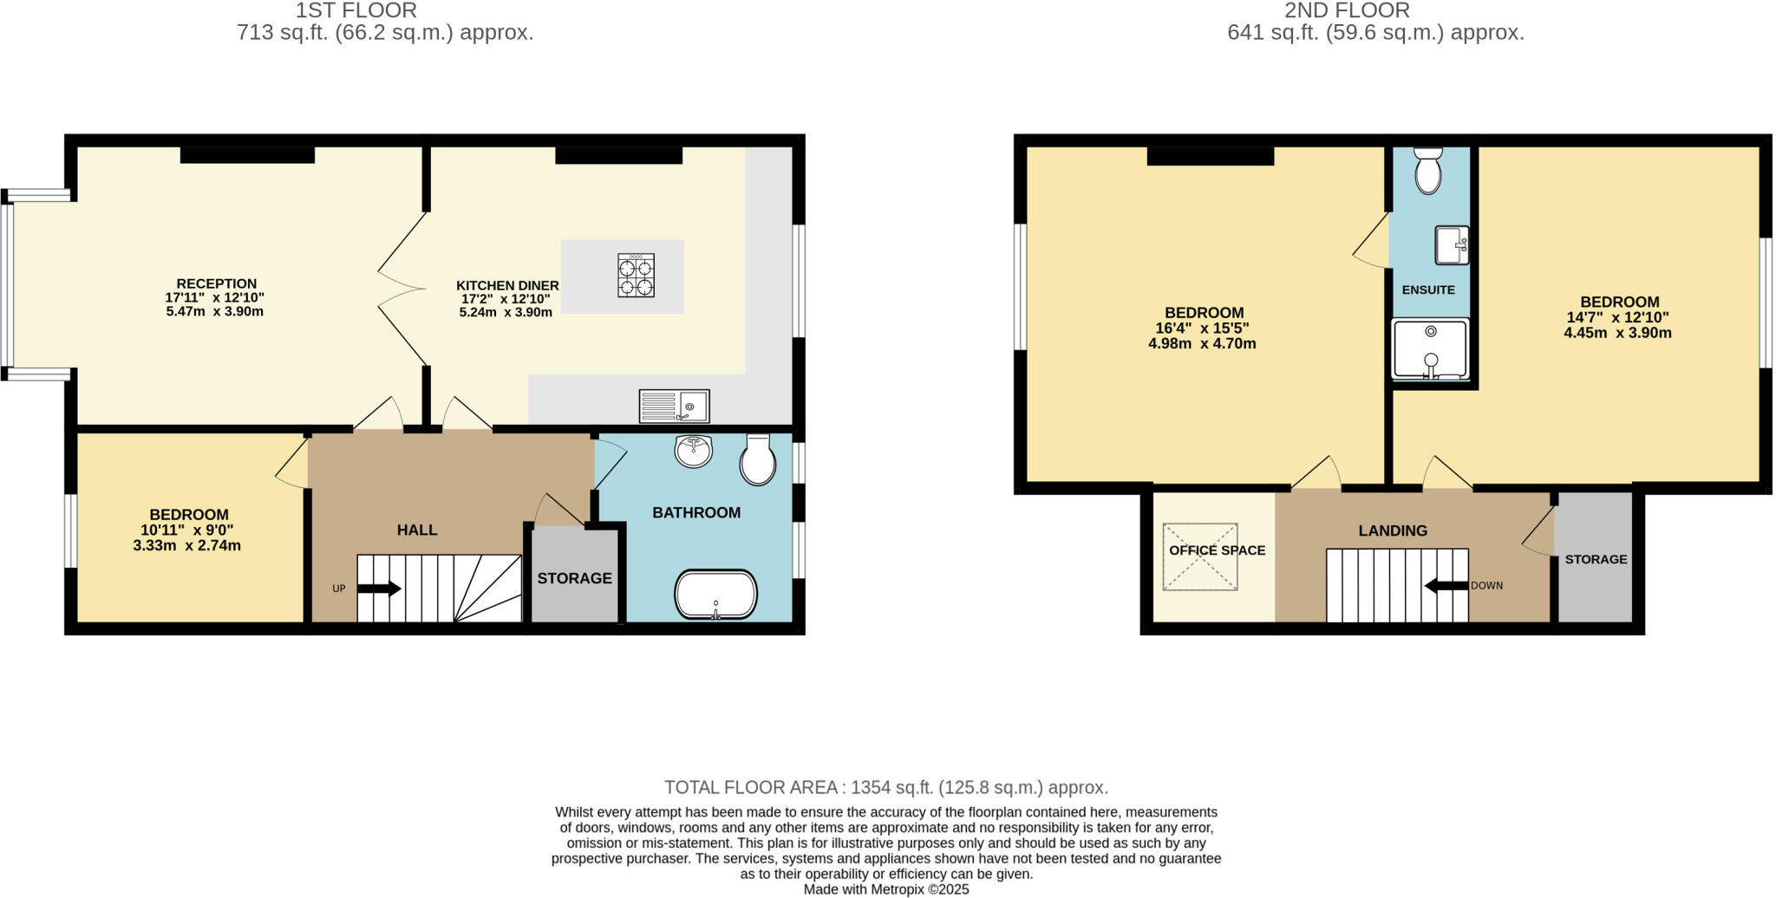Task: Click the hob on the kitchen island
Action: coord(636,275)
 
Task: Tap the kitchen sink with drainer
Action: coord(674,406)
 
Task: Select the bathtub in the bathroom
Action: coord(715,594)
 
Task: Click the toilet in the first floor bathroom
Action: coord(757,460)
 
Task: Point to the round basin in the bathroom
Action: coord(693,451)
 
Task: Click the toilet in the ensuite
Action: coord(1427,171)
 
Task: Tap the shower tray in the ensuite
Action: coord(1430,349)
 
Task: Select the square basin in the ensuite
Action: coord(1452,245)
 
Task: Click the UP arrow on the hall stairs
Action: coord(379,589)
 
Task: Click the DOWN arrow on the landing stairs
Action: coord(1446,586)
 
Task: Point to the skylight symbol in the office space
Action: coord(1200,557)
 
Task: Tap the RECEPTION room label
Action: coord(216,283)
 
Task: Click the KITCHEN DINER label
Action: coord(507,285)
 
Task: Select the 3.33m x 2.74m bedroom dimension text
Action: coord(186,546)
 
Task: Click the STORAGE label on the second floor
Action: coord(1596,559)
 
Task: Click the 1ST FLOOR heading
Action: coord(356,10)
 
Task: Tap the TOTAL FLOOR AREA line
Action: coord(886,787)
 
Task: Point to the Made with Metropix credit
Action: coord(886,889)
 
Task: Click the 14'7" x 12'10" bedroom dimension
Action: coord(1617,317)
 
